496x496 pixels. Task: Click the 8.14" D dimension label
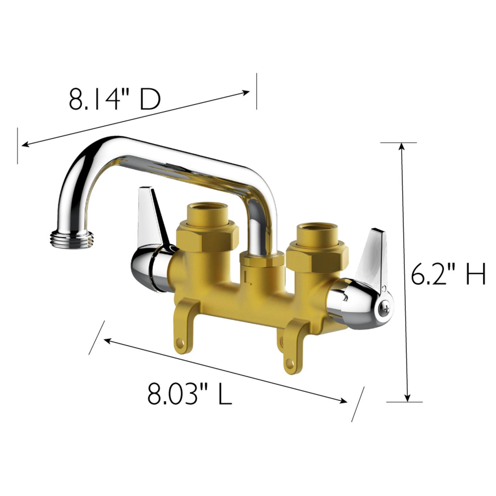(x=114, y=100)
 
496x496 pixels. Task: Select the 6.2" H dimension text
(x=448, y=274)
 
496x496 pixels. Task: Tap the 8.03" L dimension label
(x=189, y=394)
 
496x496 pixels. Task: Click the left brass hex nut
(x=207, y=235)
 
